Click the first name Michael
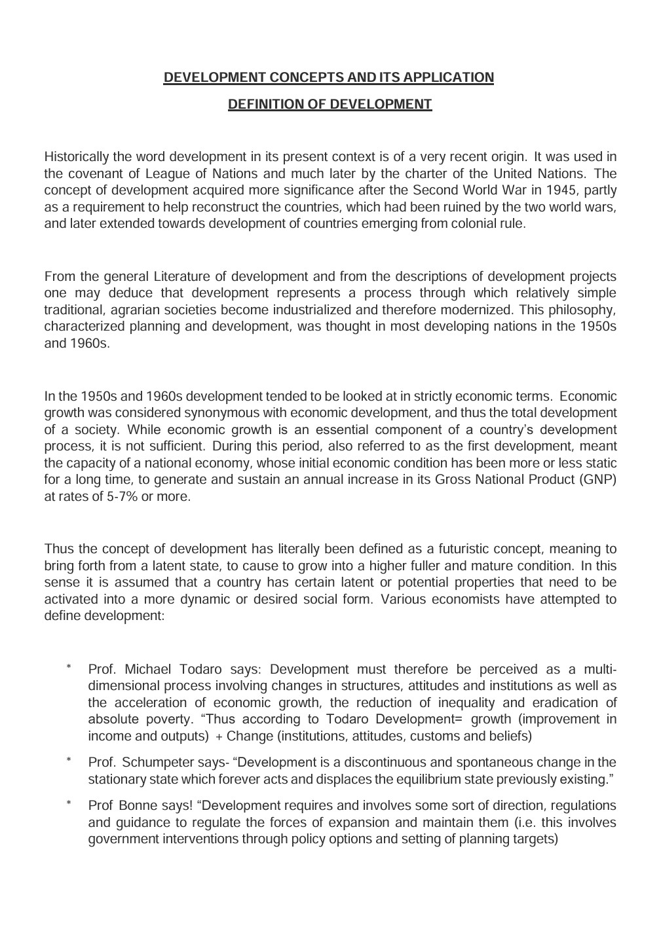tap(147, 670)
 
